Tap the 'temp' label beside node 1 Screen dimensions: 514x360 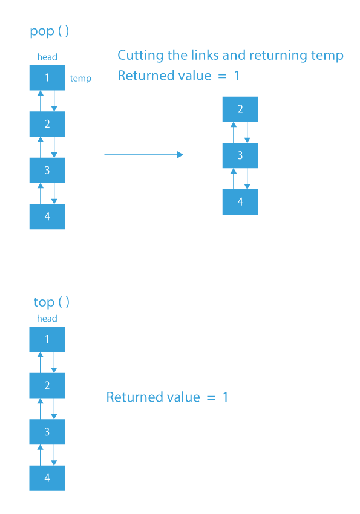[80, 79]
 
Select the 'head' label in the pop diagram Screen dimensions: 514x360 [47, 57]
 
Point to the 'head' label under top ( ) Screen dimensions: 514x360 [47, 319]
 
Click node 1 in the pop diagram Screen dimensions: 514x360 [47, 78]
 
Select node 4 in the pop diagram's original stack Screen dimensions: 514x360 [47, 216]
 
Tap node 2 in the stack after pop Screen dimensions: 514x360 [240, 109]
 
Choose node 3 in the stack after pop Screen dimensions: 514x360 [240, 155]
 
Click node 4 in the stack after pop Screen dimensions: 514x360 [240, 202]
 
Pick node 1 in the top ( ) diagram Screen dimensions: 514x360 [47, 339]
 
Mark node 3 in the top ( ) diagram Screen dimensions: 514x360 [47, 432]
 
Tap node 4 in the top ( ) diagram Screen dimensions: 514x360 [47, 478]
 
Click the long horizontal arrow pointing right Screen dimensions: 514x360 [143, 155]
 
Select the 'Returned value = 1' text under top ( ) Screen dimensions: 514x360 [167, 397]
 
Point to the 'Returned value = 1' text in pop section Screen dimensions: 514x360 [178, 76]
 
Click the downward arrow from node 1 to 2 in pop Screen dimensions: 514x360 [54, 101]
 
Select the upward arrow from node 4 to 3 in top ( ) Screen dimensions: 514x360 [41, 455]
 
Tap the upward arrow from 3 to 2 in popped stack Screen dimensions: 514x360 [234, 132]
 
